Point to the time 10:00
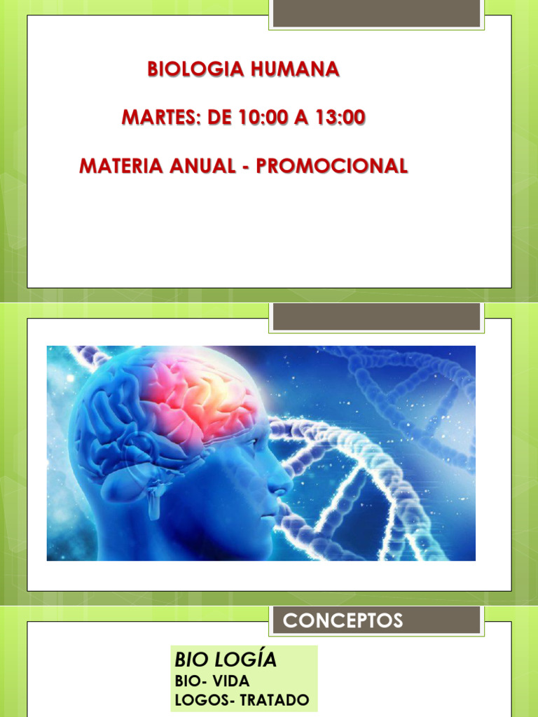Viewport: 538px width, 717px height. tap(263, 118)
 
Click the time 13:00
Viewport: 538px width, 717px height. tap(340, 118)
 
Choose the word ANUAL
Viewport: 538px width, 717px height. tap(202, 165)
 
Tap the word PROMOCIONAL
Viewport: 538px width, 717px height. tap(332, 165)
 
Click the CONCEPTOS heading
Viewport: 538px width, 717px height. tap(343, 620)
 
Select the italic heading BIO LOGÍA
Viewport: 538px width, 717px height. tap(226, 660)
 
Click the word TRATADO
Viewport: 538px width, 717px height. tap(275, 699)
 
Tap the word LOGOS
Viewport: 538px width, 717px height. tap(203, 699)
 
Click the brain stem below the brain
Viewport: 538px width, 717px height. tap(154, 501)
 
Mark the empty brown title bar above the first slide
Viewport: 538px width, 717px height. tap(376, 13)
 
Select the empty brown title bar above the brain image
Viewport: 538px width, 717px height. tap(376, 316)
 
